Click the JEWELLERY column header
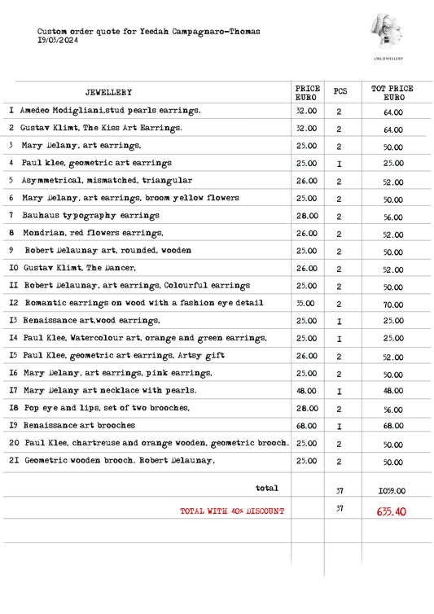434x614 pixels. click(x=108, y=93)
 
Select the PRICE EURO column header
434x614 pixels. click(x=306, y=92)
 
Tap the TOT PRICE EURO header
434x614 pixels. click(x=392, y=92)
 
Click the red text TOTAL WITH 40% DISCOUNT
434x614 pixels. click(x=232, y=511)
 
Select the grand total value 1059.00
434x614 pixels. click(x=392, y=491)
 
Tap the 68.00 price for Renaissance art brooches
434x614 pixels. click(x=306, y=426)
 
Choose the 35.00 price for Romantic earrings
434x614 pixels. click(x=306, y=303)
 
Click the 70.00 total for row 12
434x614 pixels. click(x=392, y=304)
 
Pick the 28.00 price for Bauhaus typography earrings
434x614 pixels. click(x=306, y=216)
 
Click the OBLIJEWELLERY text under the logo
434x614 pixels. click(x=388, y=59)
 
